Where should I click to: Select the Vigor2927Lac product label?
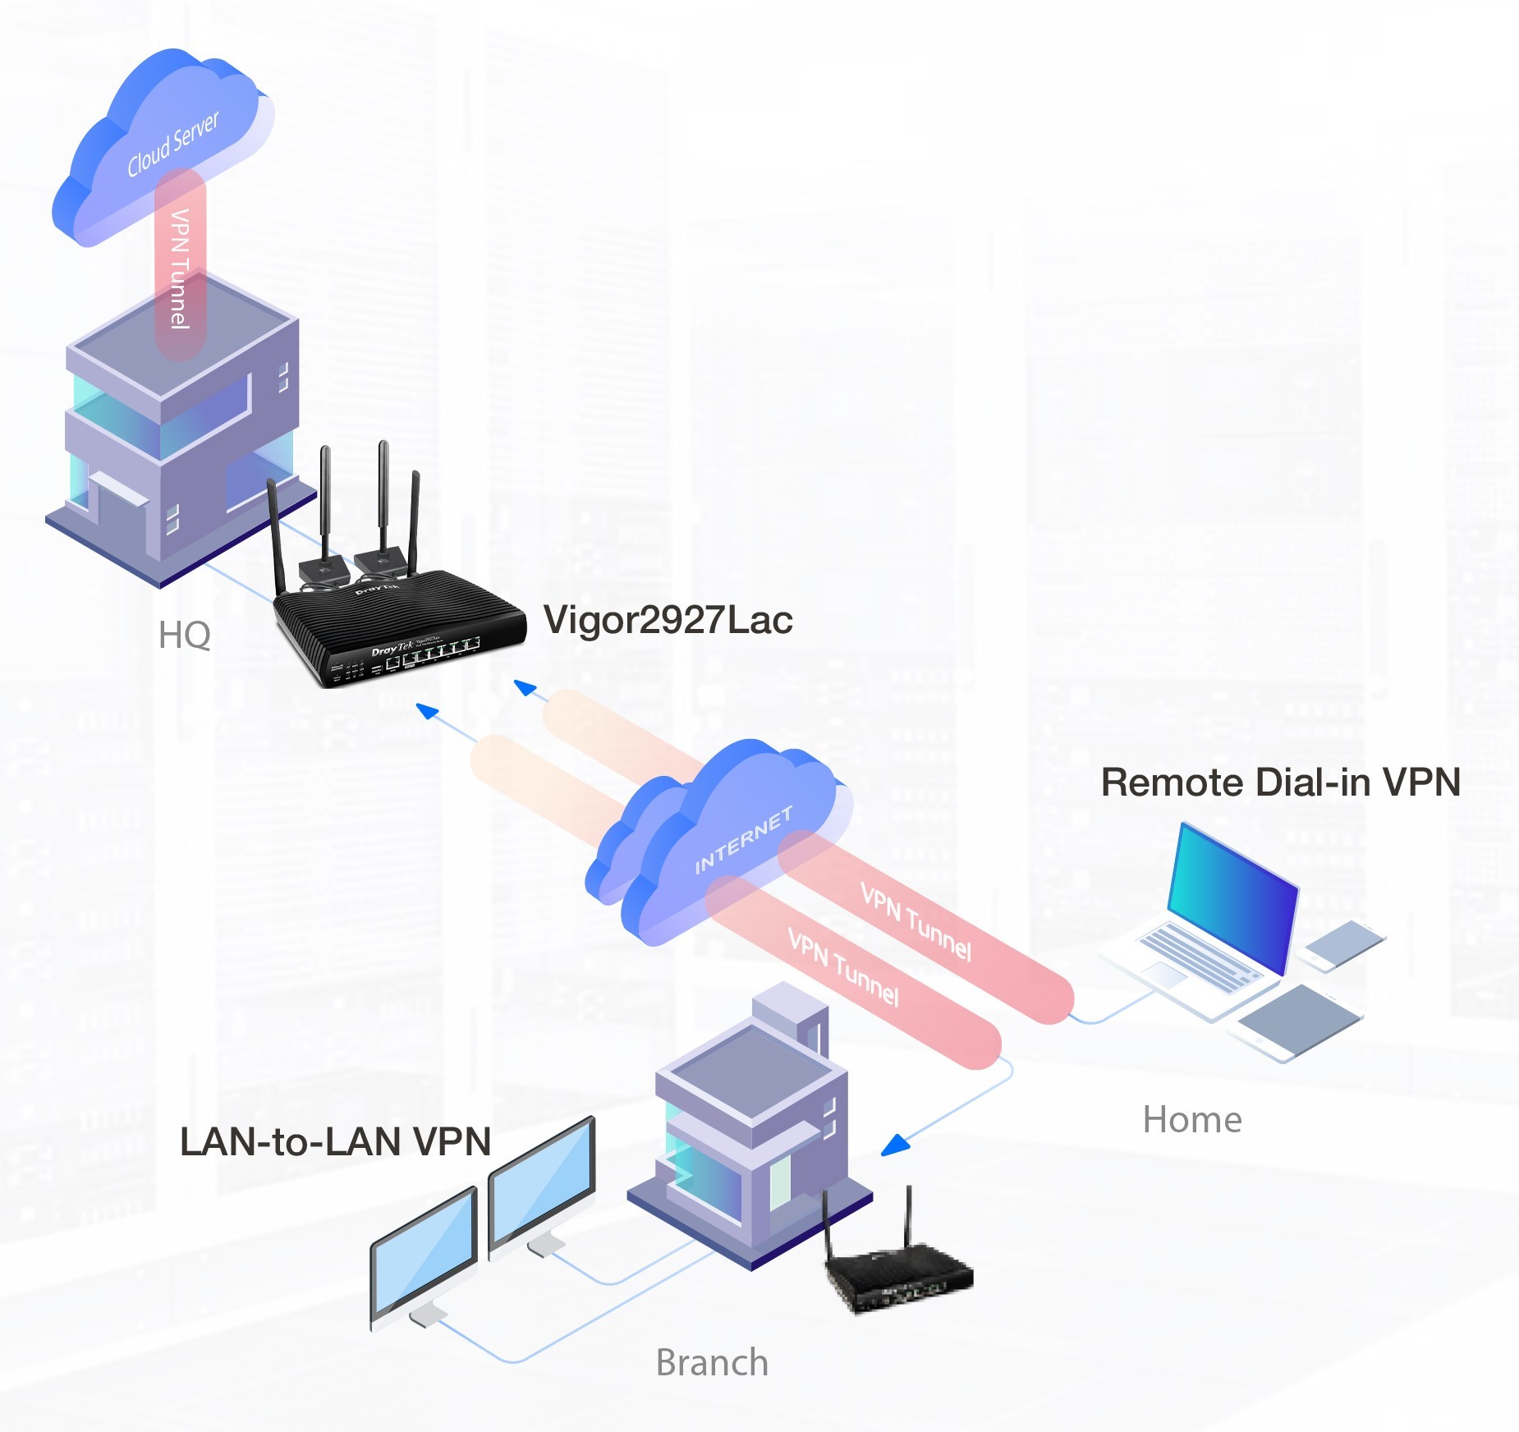tap(668, 620)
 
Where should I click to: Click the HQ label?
tap(184, 635)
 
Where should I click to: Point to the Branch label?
tap(712, 1362)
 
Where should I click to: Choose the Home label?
tap(1192, 1119)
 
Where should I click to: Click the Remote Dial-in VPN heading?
tap(1280, 782)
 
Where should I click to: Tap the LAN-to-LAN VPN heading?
tap(335, 1141)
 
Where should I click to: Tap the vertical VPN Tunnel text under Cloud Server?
tap(180, 268)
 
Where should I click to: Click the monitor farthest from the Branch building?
tap(424, 1252)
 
